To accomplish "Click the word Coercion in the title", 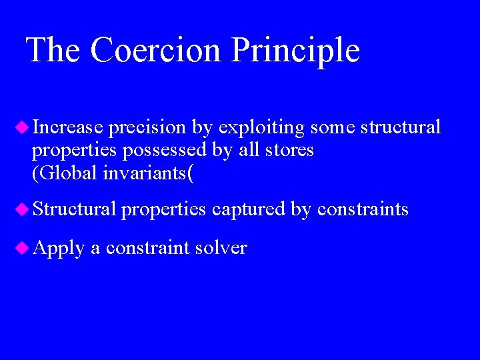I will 155,51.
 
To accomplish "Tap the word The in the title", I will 53,51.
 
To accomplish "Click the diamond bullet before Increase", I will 22,126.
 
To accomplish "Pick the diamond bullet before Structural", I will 22,209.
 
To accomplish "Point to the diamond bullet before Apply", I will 22,247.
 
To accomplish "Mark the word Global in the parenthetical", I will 67,174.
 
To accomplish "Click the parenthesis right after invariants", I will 191,175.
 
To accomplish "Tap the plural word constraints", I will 363,209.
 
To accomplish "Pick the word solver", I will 221,248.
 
